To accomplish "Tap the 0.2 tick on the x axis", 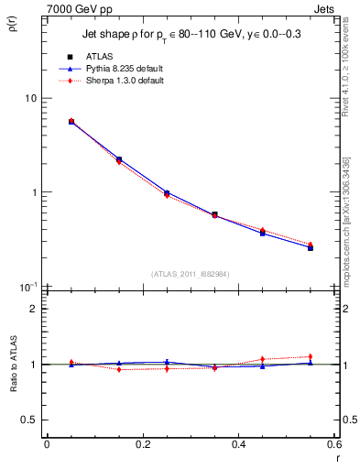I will [x=142, y=445].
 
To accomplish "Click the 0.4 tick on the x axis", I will [x=238, y=445].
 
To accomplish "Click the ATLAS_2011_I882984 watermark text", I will [x=190, y=273].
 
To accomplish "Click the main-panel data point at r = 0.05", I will [x=71, y=121].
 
